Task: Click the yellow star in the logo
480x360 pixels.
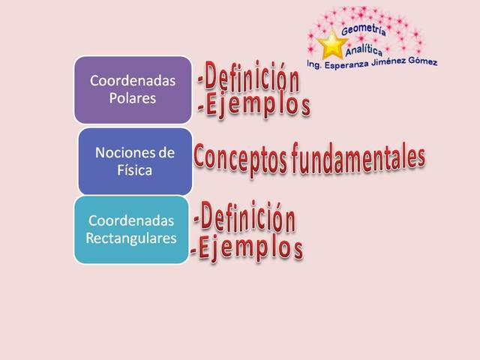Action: tap(331, 44)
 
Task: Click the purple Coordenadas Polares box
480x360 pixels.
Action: tap(133, 89)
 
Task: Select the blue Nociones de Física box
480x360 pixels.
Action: tap(135, 161)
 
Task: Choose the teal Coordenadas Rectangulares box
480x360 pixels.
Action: tap(131, 229)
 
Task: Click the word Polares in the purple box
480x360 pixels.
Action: tap(132, 98)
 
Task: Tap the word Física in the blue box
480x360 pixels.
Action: tap(134, 170)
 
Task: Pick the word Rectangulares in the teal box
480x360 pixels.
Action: tap(131, 238)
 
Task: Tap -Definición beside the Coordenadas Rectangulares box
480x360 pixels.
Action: tap(244, 218)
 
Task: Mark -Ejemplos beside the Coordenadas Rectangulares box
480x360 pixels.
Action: tap(247, 246)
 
